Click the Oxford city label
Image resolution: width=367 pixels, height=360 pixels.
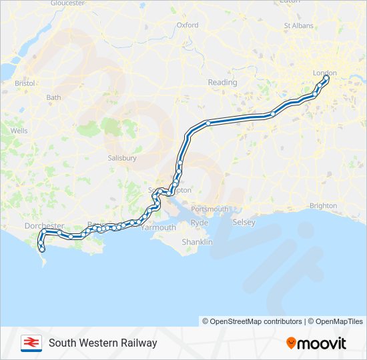[188, 25]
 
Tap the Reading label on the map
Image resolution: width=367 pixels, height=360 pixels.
[222, 83]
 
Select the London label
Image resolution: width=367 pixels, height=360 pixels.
[325, 73]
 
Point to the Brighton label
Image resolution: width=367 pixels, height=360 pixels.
[323, 206]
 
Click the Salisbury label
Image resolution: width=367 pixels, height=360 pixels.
[121, 159]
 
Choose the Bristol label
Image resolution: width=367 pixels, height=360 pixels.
[25, 84]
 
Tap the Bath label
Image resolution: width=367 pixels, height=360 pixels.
[53, 97]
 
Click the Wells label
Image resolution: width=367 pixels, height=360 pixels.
[19, 131]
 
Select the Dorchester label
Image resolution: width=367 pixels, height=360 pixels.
[43, 226]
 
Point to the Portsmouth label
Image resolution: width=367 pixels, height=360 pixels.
[210, 209]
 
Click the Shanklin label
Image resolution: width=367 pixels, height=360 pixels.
[197, 242]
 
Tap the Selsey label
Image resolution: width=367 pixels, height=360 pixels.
[244, 223]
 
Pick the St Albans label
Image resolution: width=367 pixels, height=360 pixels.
[298, 26]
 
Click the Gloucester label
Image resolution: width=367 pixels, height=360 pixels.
[67, 3]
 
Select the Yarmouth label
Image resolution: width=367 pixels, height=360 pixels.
[158, 227]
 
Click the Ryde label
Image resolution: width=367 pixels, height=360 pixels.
[200, 223]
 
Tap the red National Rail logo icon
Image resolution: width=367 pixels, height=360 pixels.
[31, 343]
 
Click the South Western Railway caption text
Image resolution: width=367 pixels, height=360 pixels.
[103, 343]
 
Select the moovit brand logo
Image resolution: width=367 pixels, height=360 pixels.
[316, 343]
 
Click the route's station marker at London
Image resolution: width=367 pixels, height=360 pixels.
[326, 79]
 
